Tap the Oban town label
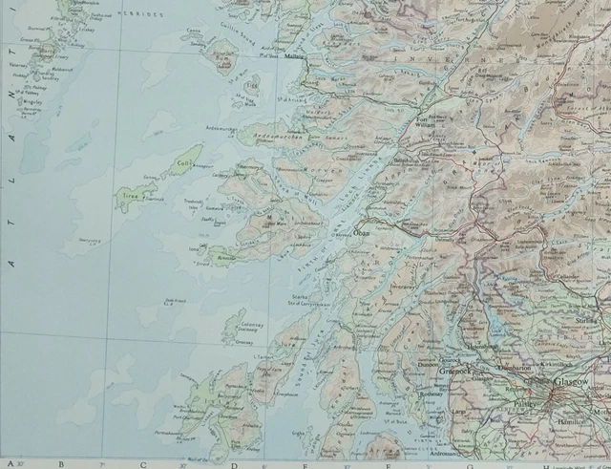[x=360, y=231]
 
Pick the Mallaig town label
[x=293, y=56]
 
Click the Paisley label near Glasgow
[x=520, y=403]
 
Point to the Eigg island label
[x=253, y=85]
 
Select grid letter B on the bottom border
[x=61, y=464]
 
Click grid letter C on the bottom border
[x=143, y=464]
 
